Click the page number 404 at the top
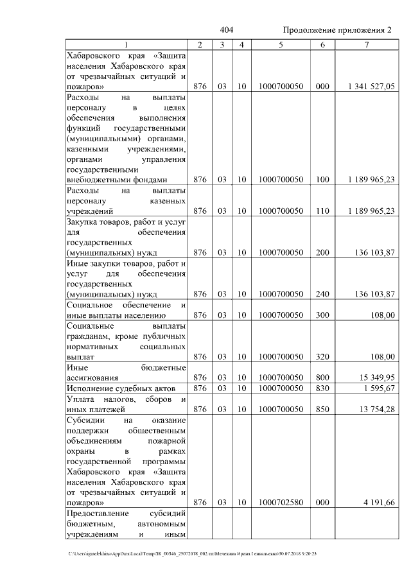click(226, 30)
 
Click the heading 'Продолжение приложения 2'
click(337, 30)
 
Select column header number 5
click(281, 44)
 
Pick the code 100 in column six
click(322, 180)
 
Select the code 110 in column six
click(322, 211)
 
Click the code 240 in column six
click(322, 294)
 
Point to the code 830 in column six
click(322, 388)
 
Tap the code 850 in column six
click(322, 409)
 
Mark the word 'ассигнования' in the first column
click(94, 378)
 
